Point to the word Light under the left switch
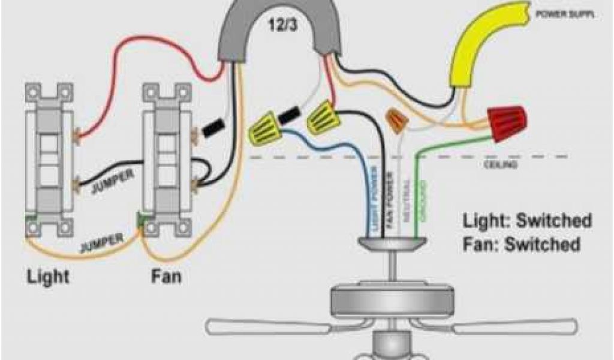(47, 277)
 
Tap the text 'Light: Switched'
(526, 221)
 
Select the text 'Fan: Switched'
(521, 245)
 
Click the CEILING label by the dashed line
(500, 165)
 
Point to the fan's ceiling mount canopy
(392, 242)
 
